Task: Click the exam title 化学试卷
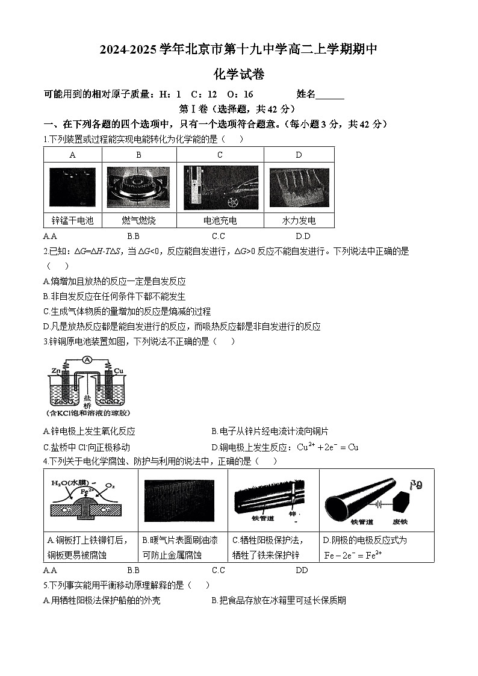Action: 239,75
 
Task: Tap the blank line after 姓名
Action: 330,95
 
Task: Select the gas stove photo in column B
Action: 138,187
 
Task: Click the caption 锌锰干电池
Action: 73,220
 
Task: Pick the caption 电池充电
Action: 220,220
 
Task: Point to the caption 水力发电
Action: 299,220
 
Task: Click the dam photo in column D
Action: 299,187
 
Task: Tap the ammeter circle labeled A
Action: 87,360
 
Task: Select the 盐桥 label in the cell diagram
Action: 88,402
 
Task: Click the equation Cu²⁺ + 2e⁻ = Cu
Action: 328,447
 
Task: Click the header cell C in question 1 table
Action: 220,155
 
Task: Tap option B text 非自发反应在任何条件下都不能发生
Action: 114,296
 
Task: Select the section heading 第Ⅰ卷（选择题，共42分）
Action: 238,109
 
